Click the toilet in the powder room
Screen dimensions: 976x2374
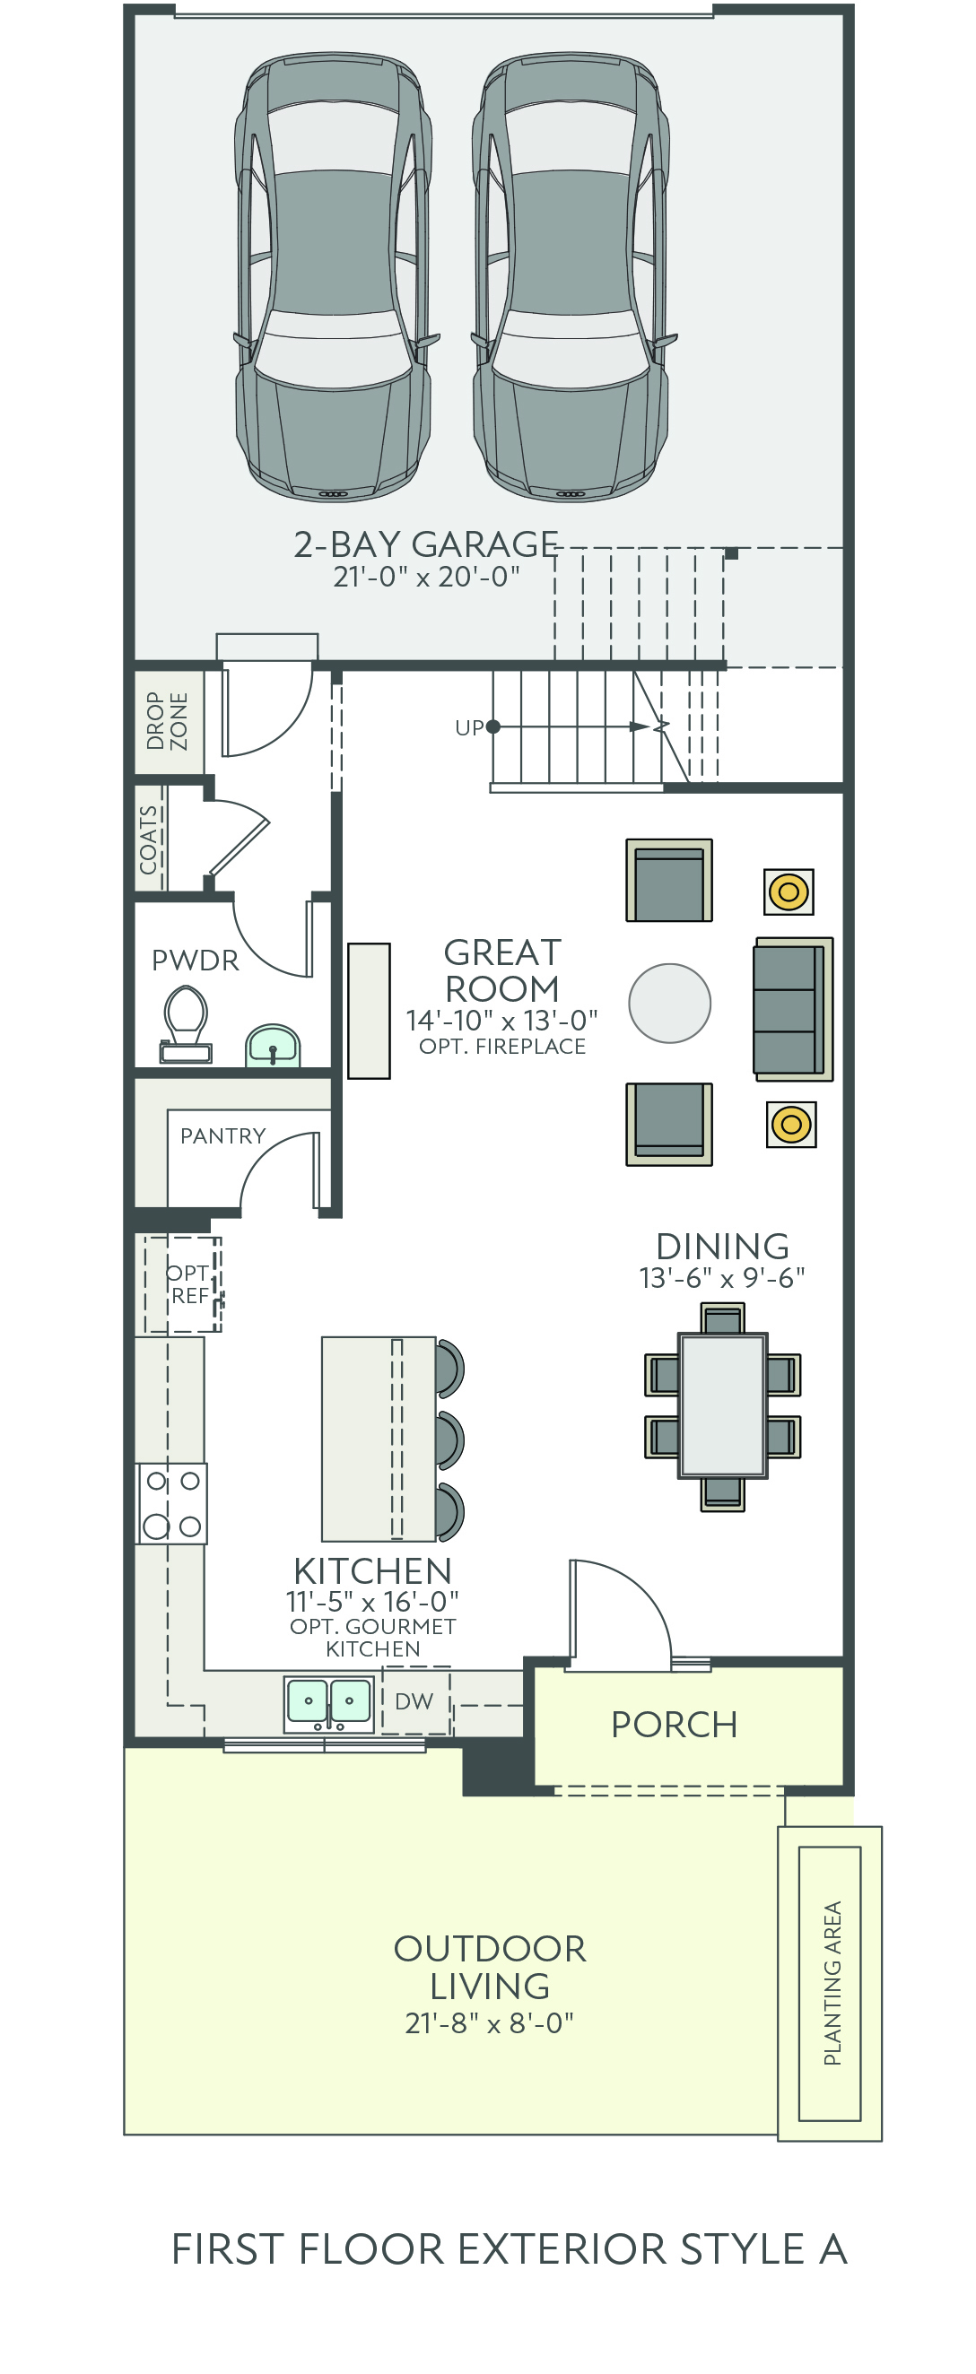coord(187,1024)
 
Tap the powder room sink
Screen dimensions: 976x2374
coord(273,1045)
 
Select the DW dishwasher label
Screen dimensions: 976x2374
coord(414,1701)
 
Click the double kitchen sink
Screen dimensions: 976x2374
coord(328,1704)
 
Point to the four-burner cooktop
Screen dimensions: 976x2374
coord(172,1503)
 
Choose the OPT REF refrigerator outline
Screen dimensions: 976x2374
coord(182,1283)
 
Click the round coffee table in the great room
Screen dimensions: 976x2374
coord(670,1003)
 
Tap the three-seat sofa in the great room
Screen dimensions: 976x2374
coord(794,1009)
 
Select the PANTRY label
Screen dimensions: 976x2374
coord(223,1135)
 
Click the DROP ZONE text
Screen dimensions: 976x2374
coord(167,722)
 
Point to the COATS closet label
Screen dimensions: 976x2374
coord(148,839)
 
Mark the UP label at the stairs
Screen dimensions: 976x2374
coord(469,728)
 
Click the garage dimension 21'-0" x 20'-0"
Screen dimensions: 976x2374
coord(427,577)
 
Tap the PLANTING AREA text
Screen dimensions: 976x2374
coord(832,1982)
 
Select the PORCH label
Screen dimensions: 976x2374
coord(675,1725)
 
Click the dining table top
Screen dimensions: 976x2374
coord(723,1405)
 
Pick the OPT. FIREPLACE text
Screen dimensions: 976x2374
coord(502,1046)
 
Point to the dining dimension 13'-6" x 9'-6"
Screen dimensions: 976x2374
coord(722,1278)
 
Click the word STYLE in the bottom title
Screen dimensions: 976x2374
coord(743,2249)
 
